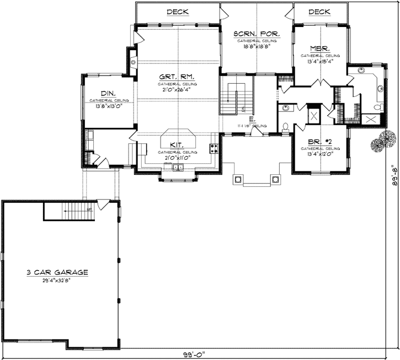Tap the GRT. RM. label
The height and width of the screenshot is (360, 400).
click(x=177, y=77)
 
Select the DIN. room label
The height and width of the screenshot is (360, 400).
click(x=108, y=94)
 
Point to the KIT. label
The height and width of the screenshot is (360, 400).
click(x=177, y=145)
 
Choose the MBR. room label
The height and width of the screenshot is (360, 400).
click(x=320, y=49)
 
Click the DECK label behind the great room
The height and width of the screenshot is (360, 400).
click(x=177, y=12)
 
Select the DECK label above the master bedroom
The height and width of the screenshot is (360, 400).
click(x=319, y=12)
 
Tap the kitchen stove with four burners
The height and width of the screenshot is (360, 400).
click(x=214, y=148)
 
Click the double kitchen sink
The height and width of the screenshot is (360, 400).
click(x=177, y=168)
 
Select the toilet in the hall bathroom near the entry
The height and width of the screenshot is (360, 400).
click(x=285, y=127)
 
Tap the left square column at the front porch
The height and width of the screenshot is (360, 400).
click(x=239, y=179)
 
